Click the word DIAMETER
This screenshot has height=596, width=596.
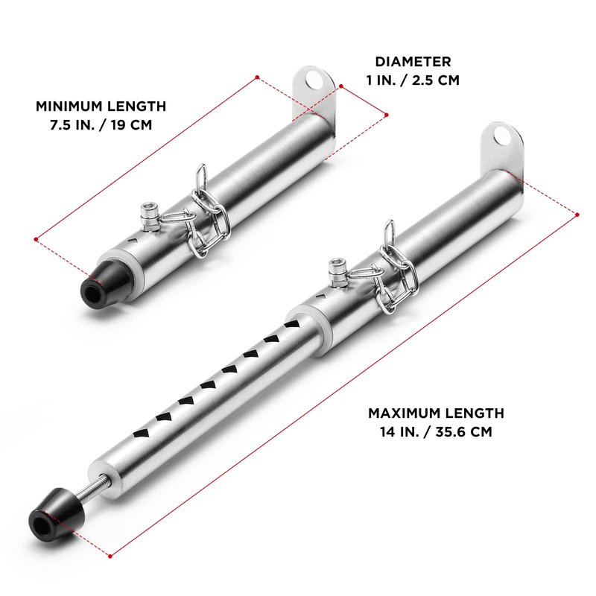[x=413, y=62]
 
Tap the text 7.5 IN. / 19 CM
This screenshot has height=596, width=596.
[x=101, y=124]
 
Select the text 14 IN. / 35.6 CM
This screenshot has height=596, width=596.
[x=436, y=432]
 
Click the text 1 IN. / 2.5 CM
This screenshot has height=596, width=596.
[x=413, y=80]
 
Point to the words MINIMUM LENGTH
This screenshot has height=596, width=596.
[x=101, y=106]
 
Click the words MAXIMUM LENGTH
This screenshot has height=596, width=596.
[x=436, y=413]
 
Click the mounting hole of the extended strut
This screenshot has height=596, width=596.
[x=502, y=137]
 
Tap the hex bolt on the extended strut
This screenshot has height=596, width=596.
[x=337, y=272]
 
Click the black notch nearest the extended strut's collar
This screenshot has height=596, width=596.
[x=292, y=323]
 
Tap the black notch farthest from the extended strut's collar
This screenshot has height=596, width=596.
[x=140, y=434]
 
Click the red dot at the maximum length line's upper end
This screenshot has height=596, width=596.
[x=577, y=215]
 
